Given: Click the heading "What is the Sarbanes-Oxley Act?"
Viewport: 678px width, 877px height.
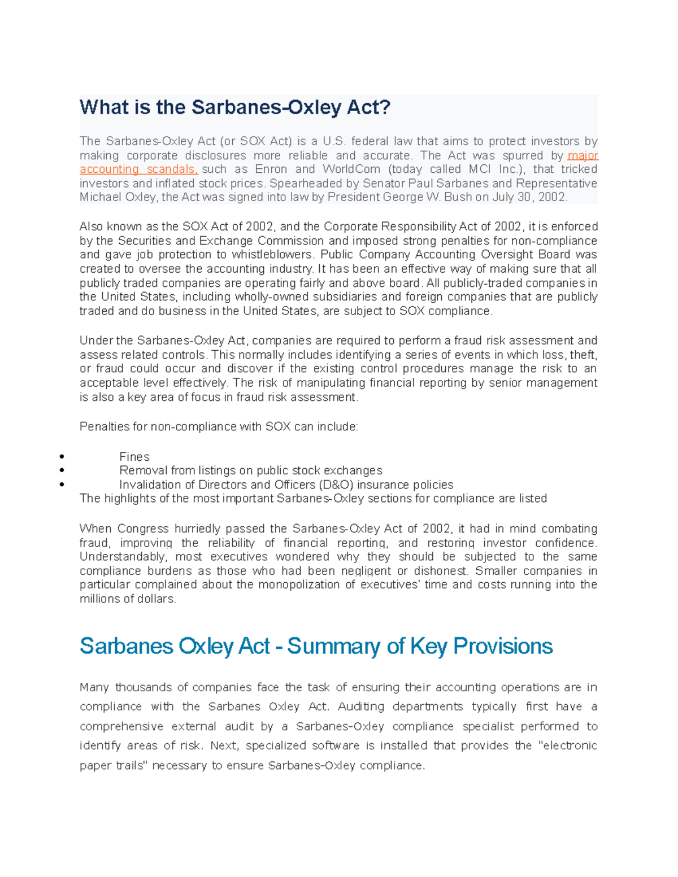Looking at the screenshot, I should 235,107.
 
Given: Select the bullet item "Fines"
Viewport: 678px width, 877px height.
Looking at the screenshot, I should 134,457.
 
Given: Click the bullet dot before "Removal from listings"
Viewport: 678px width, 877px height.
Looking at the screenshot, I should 61,470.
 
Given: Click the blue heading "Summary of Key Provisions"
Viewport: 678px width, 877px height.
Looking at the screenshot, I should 420,646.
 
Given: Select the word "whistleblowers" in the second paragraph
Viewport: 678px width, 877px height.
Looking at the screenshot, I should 272,255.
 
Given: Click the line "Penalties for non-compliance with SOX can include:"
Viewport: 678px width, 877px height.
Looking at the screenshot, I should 219,427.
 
